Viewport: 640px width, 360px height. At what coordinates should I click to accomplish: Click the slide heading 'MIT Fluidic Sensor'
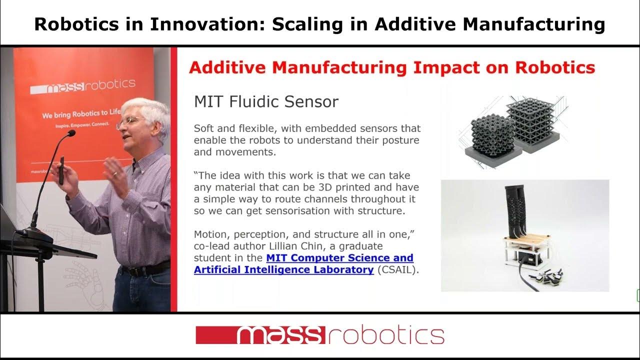point(266,102)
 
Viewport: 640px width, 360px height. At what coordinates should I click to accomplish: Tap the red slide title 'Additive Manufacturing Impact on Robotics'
point(391,67)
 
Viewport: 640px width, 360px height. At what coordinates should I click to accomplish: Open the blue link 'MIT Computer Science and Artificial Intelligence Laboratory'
point(304,264)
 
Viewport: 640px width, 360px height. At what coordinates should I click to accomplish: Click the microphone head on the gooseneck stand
point(70,133)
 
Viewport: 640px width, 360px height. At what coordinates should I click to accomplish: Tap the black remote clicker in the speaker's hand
point(61,170)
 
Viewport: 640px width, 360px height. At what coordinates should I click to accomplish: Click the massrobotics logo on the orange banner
point(83,87)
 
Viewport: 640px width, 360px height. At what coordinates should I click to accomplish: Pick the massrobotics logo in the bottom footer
point(319,335)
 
